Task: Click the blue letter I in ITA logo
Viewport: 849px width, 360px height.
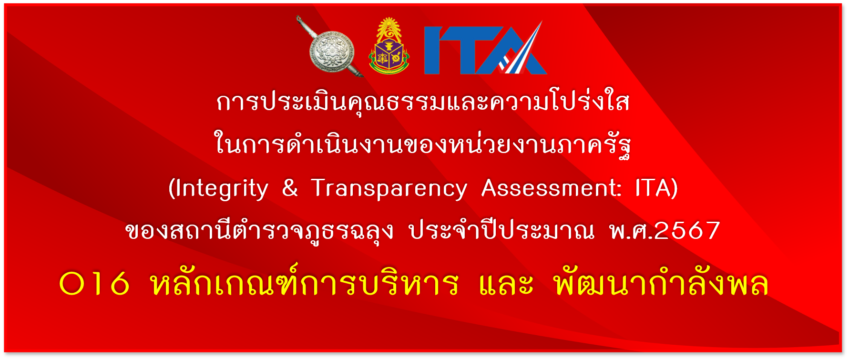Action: tap(433, 51)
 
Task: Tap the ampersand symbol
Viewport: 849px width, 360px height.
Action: tap(290, 187)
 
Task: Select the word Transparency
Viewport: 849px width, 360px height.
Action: tap(389, 189)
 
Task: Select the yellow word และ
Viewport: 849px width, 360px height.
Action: tap(506, 284)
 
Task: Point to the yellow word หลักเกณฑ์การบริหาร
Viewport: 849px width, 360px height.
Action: tap(305, 281)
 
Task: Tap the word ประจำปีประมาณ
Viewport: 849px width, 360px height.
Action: tap(502, 230)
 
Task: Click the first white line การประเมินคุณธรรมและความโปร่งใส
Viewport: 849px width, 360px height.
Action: tap(423, 101)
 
